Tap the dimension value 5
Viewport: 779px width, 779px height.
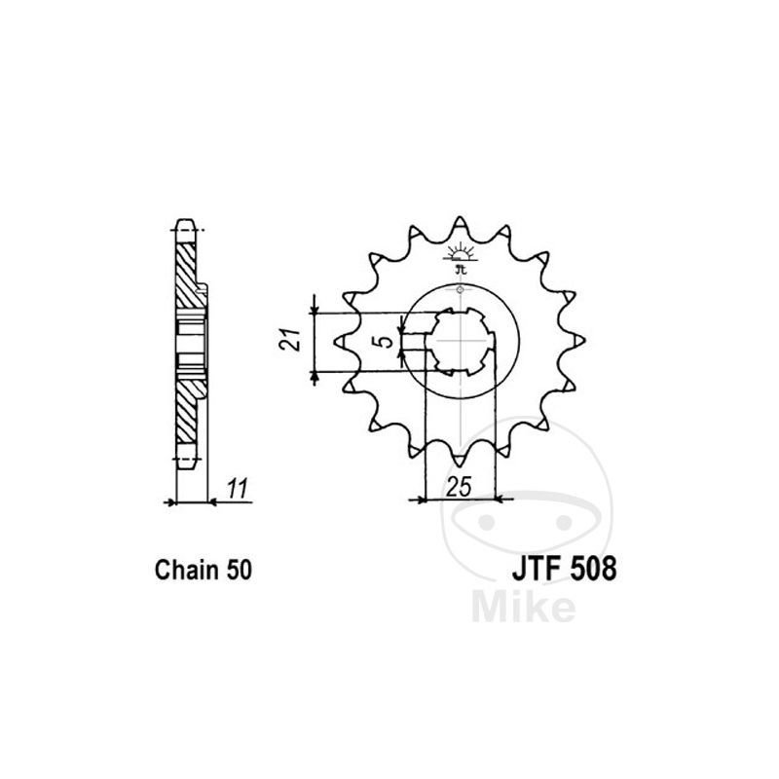click(x=382, y=342)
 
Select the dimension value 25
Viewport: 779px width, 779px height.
click(x=459, y=487)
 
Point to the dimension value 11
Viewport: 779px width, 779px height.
click(x=238, y=490)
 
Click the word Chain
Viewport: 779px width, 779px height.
click(x=186, y=570)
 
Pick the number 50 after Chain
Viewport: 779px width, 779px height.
click(x=239, y=571)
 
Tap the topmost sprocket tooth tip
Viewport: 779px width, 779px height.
click(x=460, y=217)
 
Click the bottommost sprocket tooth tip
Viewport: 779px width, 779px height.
click(x=460, y=465)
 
